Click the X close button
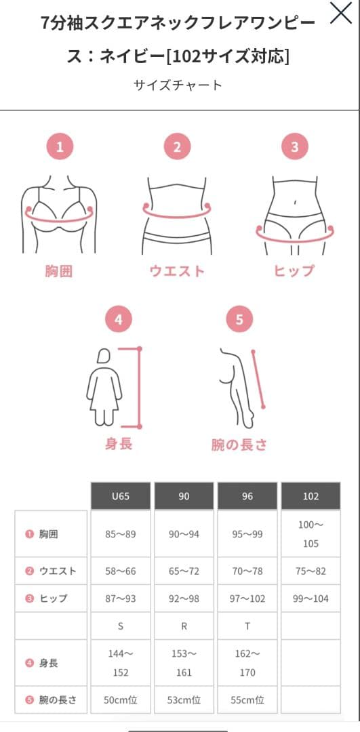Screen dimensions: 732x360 tap(340, 14)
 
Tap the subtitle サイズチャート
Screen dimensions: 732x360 tap(178, 85)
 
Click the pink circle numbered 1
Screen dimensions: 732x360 tap(60, 146)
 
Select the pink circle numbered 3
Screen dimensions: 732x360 tap(294, 146)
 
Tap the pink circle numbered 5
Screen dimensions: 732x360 tap(239, 319)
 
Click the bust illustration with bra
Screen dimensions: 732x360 tap(59, 206)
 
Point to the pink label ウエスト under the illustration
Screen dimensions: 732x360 tap(177, 271)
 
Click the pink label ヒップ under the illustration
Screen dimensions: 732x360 tap(294, 271)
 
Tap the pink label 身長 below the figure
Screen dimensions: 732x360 tap(119, 445)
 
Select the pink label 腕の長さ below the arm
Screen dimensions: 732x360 tap(239, 445)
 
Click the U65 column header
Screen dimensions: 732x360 tap(121, 496)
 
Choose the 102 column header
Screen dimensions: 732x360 tap(311, 496)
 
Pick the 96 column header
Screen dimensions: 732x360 tap(247, 496)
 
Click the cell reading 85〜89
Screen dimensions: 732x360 tap(121, 534)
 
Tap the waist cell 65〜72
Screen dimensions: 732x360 tap(184, 571)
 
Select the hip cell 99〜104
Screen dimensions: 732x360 tap(311, 599)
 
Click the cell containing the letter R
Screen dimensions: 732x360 tap(184, 626)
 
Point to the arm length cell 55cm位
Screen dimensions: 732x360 tap(247, 699)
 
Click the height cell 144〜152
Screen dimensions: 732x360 tap(121, 663)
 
